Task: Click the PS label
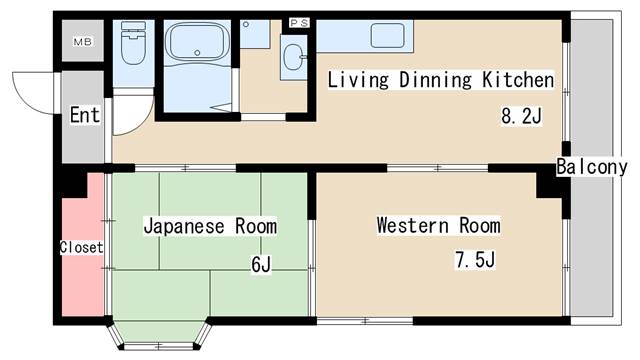click(x=298, y=22)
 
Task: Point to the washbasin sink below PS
click(x=295, y=57)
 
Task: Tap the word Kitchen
click(x=516, y=79)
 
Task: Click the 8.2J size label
click(x=520, y=116)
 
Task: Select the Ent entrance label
click(x=85, y=115)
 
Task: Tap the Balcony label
click(x=592, y=167)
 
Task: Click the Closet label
click(x=81, y=247)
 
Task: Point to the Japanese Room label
click(x=209, y=226)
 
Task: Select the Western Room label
click(x=438, y=225)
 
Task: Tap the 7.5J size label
click(x=475, y=262)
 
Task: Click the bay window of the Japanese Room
click(x=161, y=333)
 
